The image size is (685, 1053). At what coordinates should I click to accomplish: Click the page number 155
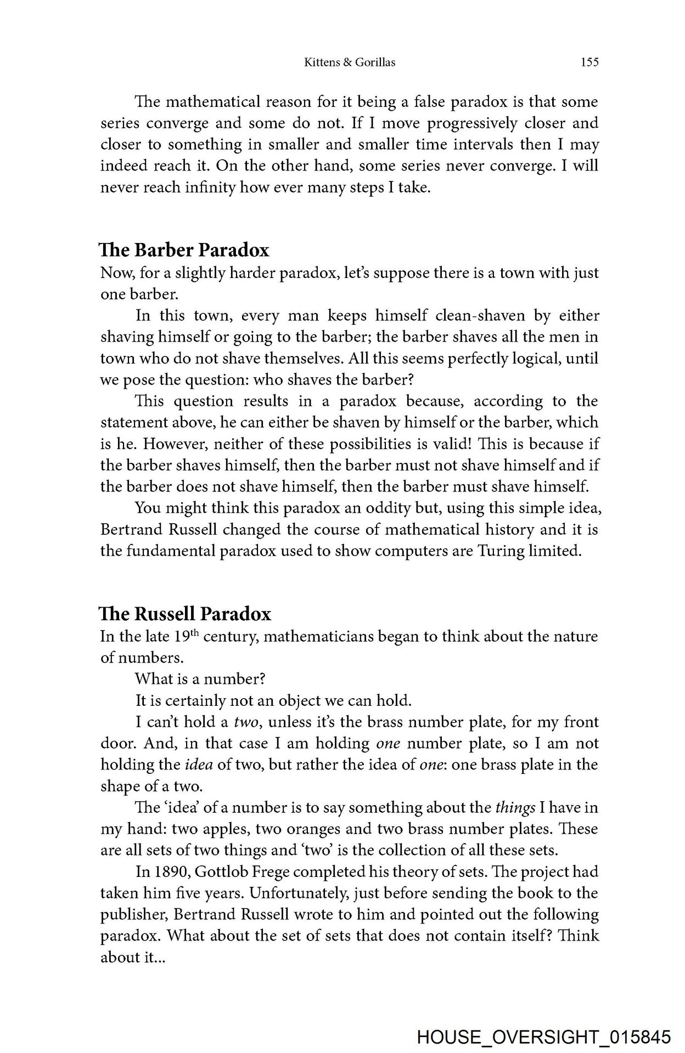click(x=589, y=63)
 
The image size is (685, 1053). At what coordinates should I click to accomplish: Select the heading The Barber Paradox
click(x=184, y=250)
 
